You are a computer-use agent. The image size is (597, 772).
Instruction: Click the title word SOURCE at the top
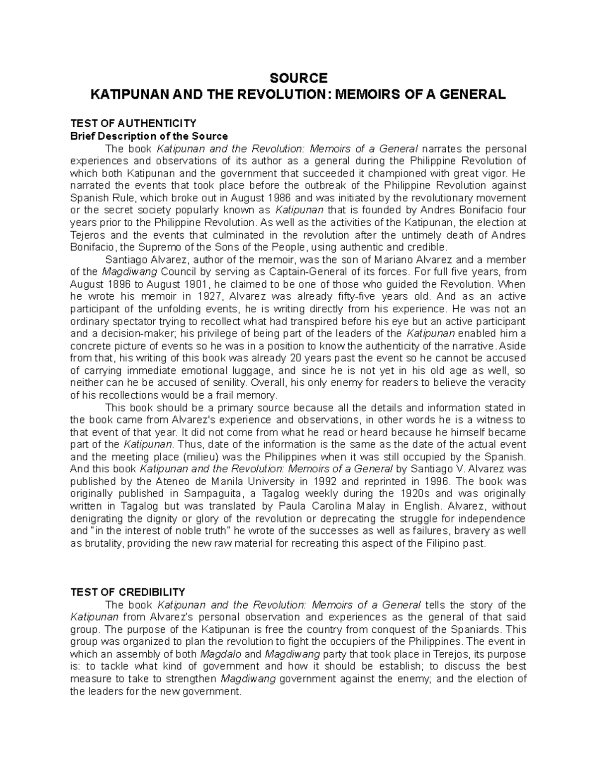pos(298,78)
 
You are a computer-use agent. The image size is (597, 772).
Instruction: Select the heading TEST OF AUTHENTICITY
pos(133,123)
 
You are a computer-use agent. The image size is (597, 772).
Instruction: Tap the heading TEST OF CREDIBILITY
pos(127,592)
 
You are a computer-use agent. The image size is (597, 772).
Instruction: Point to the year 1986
pos(273,197)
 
